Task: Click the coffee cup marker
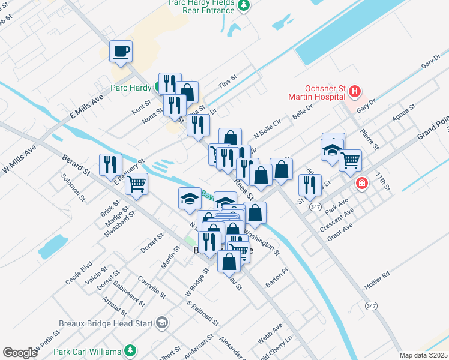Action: [x=121, y=51]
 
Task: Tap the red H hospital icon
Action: [x=355, y=92]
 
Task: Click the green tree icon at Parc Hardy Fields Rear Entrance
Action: [x=243, y=6]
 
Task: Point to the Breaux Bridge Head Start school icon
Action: [x=161, y=323]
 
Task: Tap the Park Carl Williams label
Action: [x=87, y=351]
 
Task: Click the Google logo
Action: [x=20, y=353]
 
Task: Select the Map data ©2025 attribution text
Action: [x=423, y=355]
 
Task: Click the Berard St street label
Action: [x=76, y=165]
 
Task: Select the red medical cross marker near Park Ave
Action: [x=361, y=184]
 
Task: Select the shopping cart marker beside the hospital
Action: [x=350, y=160]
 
